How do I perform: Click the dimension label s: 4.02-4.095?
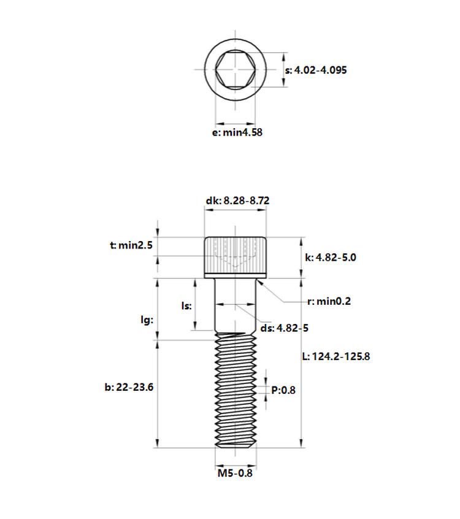pyautogui.click(x=316, y=70)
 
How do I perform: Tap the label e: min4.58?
pyautogui.click(x=237, y=133)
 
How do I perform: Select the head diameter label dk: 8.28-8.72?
pyautogui.click(x=237, y=201)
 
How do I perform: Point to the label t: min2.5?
pyautogui.click(x=131, y=245)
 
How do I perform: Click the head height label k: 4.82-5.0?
pyautogui.click(x=331, y=258)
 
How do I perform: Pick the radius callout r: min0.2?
pyautogui.click(x=329, y=302)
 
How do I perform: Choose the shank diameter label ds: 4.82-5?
pyautogui.click(x=285, y=328)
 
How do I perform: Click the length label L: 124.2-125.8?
pyautogui.click(x=336, y=356)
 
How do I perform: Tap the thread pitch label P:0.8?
pyautogui.click(x=283, y=390)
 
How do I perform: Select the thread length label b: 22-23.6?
pyautogui.click(x=129, y=387)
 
